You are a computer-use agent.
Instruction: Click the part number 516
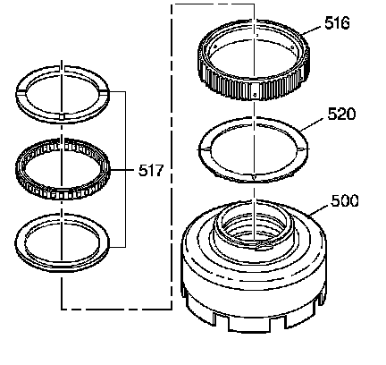[337, 23]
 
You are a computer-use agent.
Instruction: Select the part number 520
[341, 114]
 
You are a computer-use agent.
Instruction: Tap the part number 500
[345, 200]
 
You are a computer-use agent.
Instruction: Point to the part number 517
[151, 171]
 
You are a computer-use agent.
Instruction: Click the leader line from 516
[313, 30]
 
